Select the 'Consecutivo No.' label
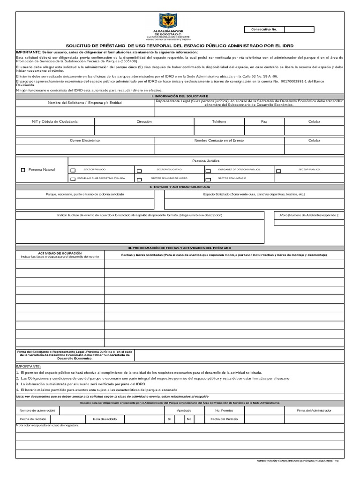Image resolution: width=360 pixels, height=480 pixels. [x=264, y=30]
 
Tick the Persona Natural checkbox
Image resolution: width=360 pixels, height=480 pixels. [x=23, y=170]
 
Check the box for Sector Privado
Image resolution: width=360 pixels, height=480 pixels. [x=73, y=171]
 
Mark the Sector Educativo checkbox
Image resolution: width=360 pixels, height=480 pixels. [x=139, y=171]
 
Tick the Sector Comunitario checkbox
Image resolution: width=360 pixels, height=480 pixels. [x=208, y=179]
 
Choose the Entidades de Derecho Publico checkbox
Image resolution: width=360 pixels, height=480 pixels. [x=208, y=171]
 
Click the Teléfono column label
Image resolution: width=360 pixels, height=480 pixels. [x=219, y=121]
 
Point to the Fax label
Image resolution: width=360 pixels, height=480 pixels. [x=264, y=121]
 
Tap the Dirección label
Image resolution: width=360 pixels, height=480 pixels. [x=144, y=121]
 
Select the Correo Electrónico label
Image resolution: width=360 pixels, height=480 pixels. [x=85, y=140]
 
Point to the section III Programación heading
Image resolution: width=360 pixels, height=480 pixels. [x=180, y=247]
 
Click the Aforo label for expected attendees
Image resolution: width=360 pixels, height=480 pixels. [x=309, y=215]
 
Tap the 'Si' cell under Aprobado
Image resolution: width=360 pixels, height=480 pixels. [x=169, y=419]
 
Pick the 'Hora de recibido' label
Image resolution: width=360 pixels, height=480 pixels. [x=105, y=419]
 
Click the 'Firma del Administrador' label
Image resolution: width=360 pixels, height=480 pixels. [x=314, y=410]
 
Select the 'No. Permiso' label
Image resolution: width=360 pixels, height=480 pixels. [x=224, y=410]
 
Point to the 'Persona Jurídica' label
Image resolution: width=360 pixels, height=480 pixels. [x=206, y=161]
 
